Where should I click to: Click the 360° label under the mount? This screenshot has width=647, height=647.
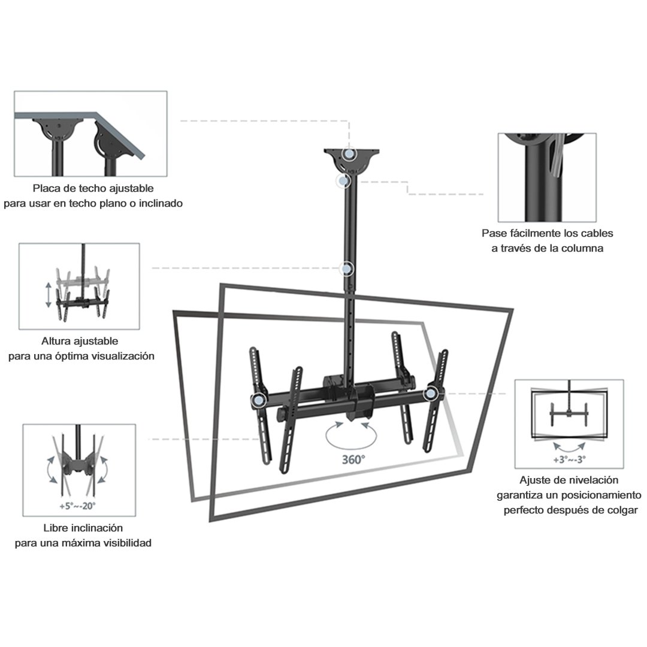353,460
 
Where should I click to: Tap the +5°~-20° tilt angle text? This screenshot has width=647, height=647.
77,505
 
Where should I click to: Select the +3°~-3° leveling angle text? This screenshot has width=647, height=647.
569,460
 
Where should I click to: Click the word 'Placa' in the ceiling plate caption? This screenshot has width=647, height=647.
47,189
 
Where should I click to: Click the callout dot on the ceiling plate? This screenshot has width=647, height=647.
349,154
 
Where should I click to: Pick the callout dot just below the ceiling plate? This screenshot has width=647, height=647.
342,180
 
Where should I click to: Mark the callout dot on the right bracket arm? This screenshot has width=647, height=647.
430,394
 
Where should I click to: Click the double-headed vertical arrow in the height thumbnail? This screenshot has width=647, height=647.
49,295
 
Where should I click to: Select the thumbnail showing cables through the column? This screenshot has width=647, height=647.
547,177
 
